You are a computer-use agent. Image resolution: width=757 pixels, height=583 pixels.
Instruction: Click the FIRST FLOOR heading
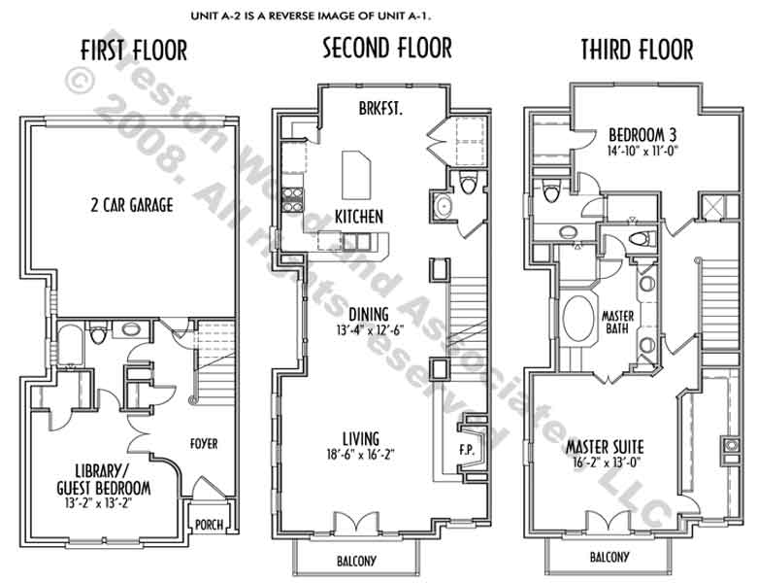click(x=134, y=51)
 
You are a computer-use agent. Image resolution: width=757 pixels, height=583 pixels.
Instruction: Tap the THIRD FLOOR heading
click(x=637, y=50)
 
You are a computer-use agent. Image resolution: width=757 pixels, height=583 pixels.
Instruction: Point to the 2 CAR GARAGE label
click(x=132, y=205)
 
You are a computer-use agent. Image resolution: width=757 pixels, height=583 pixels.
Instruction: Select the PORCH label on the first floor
click(x=209, y=524)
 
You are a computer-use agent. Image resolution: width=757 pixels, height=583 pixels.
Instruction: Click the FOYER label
click(x=204, y=443)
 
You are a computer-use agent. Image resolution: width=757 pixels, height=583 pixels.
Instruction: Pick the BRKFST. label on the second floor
click(x=380, y=108)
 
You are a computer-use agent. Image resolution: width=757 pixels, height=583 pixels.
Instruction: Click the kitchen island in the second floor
click(x=356, y=175)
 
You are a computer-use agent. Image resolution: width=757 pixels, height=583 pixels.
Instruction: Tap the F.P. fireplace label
click(x=467, y=450)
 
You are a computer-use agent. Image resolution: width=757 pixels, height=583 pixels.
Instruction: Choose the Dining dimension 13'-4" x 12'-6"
click(x=370, y=330)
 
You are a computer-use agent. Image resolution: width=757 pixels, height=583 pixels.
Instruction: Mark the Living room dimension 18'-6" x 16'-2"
click(x=361, y=455)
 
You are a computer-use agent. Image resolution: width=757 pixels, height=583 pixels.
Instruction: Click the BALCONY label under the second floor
click(x=356, y=561)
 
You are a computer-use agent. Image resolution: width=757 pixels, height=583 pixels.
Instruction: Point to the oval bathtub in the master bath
click(x=578, y=318)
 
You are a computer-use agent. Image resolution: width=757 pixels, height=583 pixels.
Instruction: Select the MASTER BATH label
click(x=617, y=323)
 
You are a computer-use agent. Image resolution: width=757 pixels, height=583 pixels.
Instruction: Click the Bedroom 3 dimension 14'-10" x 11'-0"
click(x=642, y=151)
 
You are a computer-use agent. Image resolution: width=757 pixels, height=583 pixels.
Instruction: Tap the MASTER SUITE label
click(x=605, y=446)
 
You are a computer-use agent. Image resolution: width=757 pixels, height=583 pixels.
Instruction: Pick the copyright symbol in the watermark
click(x=80, y=81)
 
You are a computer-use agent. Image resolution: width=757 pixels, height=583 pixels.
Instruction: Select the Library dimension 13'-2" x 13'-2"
click(x=98, y=502)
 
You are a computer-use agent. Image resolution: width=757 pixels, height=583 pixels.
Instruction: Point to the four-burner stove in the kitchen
click(x=292, y=200)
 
